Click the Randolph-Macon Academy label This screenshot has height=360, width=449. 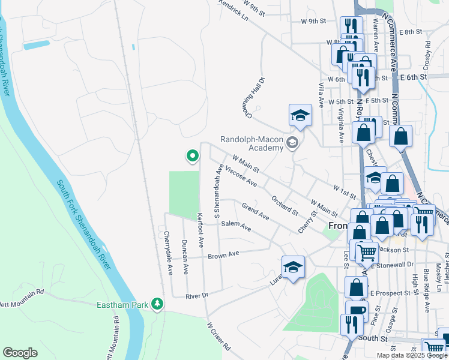click(252, 143)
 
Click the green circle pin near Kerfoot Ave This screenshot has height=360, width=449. click(192, 157)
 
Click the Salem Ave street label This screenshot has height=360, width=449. click(236, 226)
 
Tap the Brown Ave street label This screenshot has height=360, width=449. click(223, 255)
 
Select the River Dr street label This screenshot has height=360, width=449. click(196, 295)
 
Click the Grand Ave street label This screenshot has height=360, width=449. click(255, 211)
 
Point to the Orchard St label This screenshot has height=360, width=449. click(285, 205)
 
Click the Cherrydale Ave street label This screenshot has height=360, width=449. click(169, 253)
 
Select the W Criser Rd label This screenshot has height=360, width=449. click(219, 337)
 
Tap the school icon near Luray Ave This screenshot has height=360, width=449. click(293, 268)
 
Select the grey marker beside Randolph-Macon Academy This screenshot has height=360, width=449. click(292, 142)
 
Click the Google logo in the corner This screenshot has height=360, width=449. click(20, 353)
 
